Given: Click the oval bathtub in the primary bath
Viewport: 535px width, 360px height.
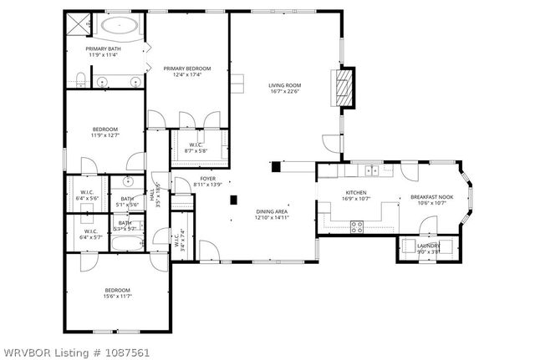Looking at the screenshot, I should point(120,26).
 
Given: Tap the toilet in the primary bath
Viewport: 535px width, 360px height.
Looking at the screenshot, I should point(79,79).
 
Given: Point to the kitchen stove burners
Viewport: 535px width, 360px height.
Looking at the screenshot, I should point(357,224).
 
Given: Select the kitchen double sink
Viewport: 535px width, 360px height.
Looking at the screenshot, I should point(370,170).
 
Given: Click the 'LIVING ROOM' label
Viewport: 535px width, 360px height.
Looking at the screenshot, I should point(284,85).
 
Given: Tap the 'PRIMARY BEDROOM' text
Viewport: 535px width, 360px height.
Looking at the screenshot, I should point(186,68).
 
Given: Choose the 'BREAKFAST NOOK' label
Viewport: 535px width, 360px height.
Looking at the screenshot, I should point(429,197).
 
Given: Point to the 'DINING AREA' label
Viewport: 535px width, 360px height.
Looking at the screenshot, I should point(272,212).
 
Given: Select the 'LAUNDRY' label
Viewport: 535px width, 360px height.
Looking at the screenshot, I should point(428,246).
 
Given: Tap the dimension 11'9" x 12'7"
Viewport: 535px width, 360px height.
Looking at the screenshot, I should point(104,135).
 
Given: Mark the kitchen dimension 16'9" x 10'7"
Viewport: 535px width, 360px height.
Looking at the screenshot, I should point(357,200).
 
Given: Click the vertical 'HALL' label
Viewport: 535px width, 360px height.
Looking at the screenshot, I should point(152,198).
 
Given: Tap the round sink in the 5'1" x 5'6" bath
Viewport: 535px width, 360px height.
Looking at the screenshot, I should point(129,181).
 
